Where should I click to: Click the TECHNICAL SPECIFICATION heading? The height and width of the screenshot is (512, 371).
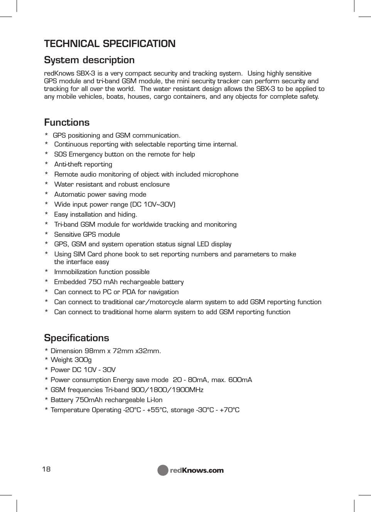click(110, 44)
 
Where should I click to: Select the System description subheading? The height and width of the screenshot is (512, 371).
click(89, 60)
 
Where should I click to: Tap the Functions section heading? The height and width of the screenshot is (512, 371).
click(67, 123)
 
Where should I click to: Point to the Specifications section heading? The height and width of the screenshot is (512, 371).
click(76, 338)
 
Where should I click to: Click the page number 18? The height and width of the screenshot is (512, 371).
click(46, 469)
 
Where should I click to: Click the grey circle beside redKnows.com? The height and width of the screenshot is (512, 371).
click(163, 470)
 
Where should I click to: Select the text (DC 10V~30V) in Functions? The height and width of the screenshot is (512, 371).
click(153, 204)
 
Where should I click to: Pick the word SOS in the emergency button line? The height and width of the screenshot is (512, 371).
click(61, 154)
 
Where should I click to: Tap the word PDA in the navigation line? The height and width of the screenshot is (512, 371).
click(129, 292)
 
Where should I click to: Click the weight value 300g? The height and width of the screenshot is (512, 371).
click(83, 360)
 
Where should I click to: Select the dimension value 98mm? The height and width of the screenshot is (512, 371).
click(94, 351)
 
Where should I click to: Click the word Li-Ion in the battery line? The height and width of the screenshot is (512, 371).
click(155, 400)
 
